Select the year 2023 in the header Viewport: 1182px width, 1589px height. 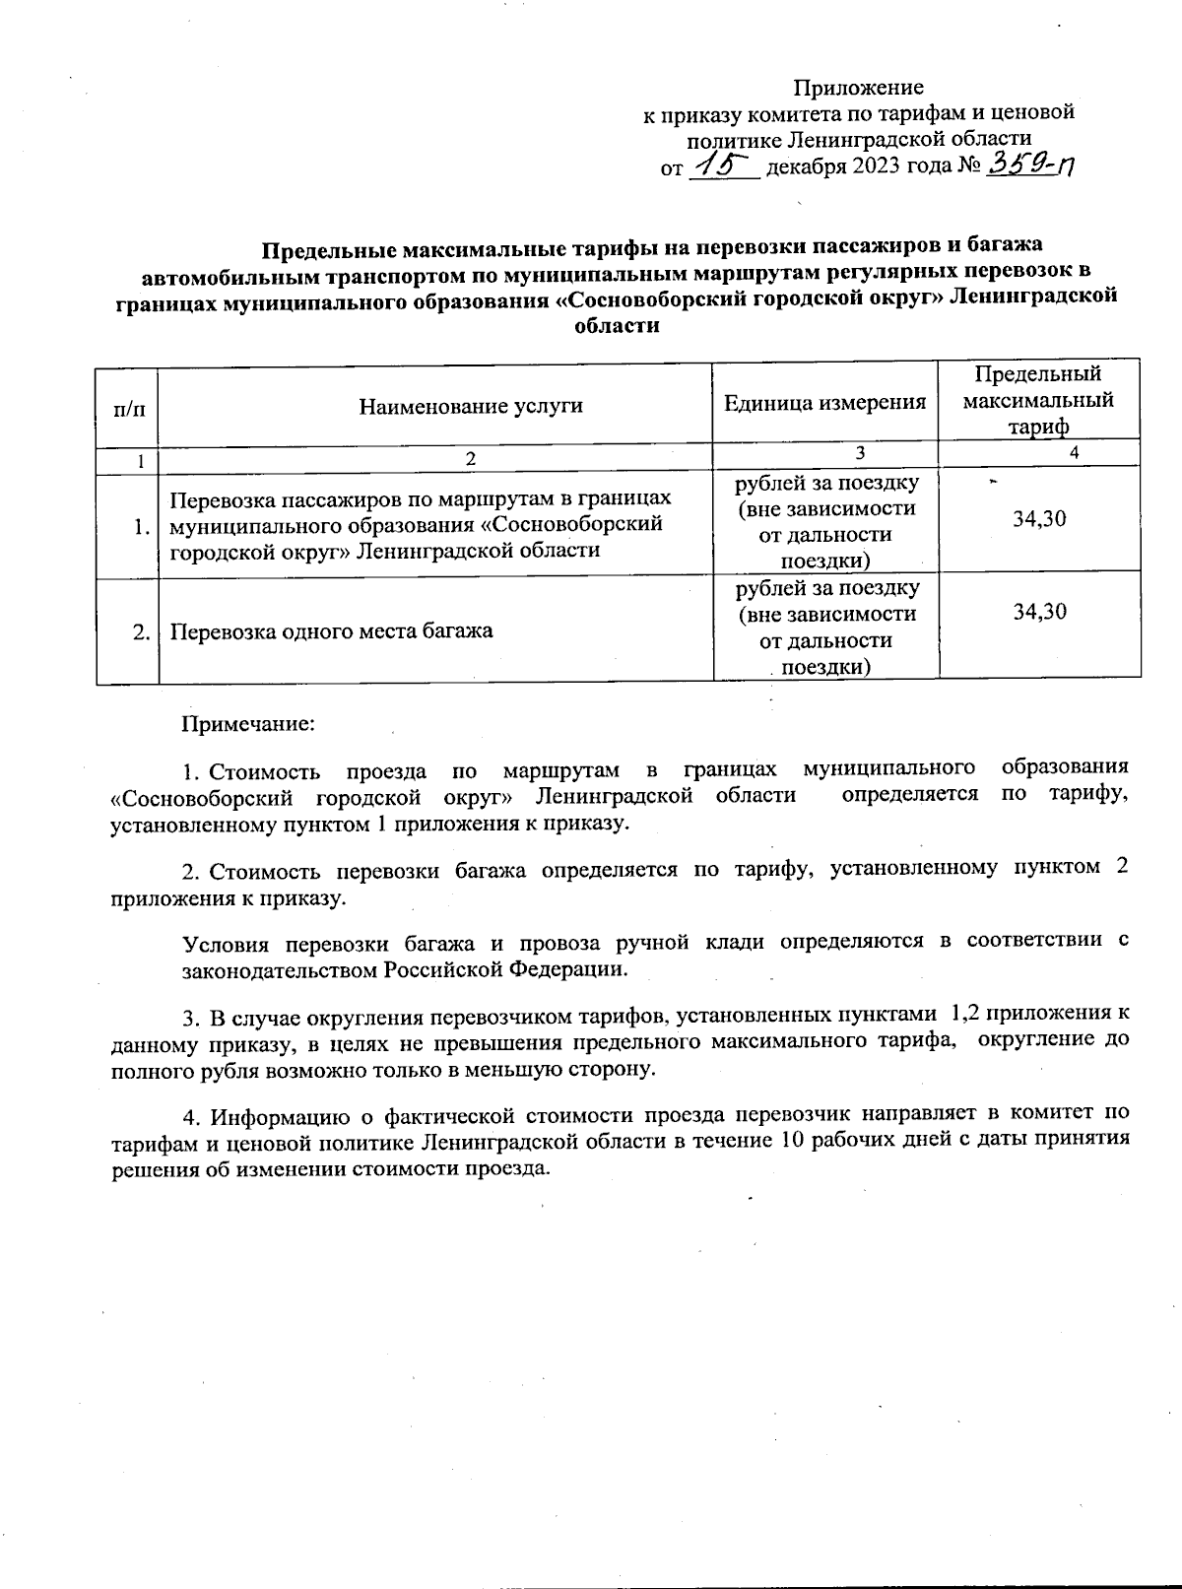pos(868,166)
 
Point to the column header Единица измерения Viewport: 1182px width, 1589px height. pos(824,402)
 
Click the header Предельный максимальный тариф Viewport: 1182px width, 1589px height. pos(1038,400)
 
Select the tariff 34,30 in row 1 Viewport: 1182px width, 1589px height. pos(1039,518)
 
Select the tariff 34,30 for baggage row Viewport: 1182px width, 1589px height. pos(1039,611)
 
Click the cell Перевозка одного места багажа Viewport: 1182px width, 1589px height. pos(331,630)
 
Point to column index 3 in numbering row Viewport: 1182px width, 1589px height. pos(860,453)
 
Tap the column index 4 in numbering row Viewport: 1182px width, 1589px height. pos(1074,453)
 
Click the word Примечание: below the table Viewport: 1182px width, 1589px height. pos(247,724)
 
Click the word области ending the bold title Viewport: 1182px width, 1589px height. pos(616,325)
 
